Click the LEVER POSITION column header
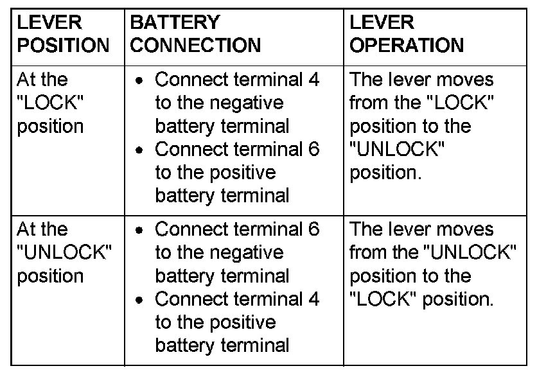(x=63, y=34)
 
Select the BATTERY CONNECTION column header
(x=195, y=34)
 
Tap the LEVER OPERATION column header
(x=406, y=34)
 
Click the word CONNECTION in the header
(x=195, y=46)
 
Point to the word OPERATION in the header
(x=406, y=46)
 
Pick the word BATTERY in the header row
(x=175, y=22)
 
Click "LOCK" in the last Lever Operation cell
(x=380, y=299)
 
